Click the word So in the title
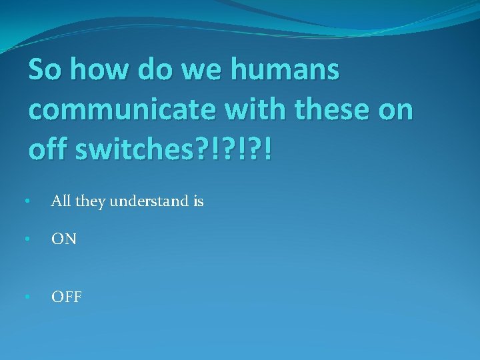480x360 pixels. pyautogui.click(x=44, y=69)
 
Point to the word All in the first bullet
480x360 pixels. pyautogui.click(x=61, y=201)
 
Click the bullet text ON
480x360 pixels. pyautogui.click(x=64, y=239)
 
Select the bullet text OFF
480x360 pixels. pyautogui.click(x=67, y=297)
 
